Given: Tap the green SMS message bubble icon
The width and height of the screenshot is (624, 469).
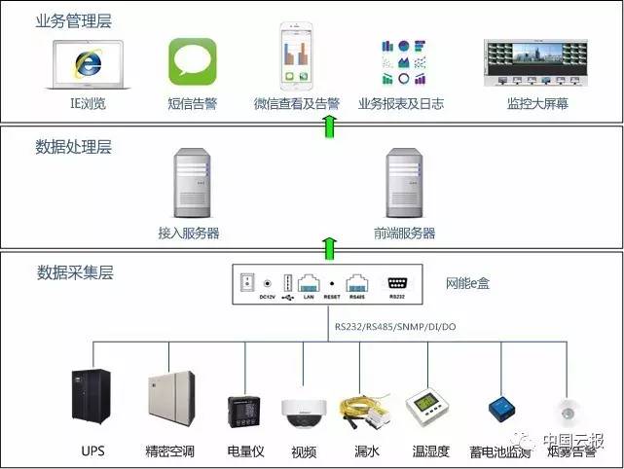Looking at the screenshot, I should (x=192, y=62).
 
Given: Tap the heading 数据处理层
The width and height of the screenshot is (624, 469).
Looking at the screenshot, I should (x=73, y=147).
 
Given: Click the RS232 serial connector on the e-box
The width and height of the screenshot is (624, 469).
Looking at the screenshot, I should (x=397, y=282).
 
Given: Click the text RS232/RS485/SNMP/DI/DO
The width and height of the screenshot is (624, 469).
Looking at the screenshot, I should (x=394, y=327).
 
